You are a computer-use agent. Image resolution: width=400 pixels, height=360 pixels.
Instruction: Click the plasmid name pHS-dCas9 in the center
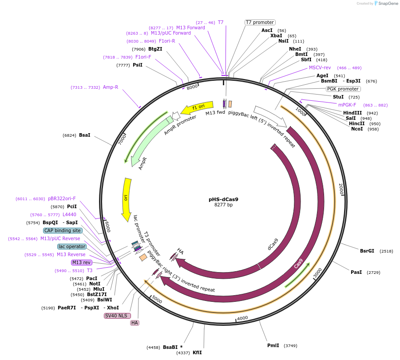(226, 199)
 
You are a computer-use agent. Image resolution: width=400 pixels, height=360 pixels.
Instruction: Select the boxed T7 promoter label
(260, 22)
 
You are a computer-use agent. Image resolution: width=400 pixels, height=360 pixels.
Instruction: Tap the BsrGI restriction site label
(367, 251)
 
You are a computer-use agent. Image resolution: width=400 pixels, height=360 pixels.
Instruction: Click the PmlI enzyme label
(273, 345)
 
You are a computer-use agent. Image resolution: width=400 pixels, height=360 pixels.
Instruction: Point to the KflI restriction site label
(197, 352)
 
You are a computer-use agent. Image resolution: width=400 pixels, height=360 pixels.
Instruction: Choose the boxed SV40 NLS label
(116, 316)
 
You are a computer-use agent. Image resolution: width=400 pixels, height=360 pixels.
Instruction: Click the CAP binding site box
(63, 230)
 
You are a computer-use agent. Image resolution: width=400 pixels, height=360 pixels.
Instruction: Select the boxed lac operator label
(72, 246)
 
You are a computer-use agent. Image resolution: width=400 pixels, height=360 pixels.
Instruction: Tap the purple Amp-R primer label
(111, 87)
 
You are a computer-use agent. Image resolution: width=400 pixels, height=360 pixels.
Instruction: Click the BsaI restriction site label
(84, 135)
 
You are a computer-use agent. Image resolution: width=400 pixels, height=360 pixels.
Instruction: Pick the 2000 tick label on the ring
(341, 189)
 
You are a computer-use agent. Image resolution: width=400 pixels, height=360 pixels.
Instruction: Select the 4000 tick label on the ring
(242, 318)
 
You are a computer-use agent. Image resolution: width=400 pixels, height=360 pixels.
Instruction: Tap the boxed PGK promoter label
(343, 89)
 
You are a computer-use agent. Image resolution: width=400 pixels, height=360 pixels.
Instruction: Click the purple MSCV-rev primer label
(320, 67)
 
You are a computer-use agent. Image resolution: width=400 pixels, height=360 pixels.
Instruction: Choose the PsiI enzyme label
(137, 65)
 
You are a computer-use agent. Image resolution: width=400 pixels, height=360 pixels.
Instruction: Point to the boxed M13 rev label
(81, 262)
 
